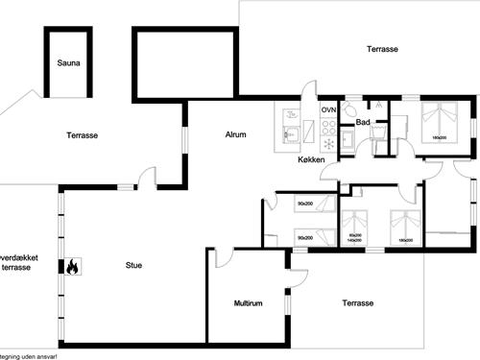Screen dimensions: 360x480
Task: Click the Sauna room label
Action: pyautogui.click(x=67, y=64)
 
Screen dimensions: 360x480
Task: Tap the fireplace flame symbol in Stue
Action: pyautogui.click(x=71, y=268)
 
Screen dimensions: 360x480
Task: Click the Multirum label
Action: pyautogui.click(x=248, y=303)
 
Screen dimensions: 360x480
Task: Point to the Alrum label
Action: pyautogui.click(x=237, y=135)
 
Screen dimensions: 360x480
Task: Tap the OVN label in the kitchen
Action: pyautogui.click(x=328, y=111)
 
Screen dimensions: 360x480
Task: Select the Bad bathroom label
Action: pyautogui.click(x=362, y=122)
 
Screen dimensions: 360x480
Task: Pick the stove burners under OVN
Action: pyautogui.click(x=328, y=126)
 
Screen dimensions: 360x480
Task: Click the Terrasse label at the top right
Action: pyautogui.click(x=382, y=49)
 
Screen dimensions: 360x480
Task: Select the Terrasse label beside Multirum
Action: pyautogui.click(x=357, y=303)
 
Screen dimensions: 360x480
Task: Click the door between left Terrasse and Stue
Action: pyautogui.click(x=146, y=178)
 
